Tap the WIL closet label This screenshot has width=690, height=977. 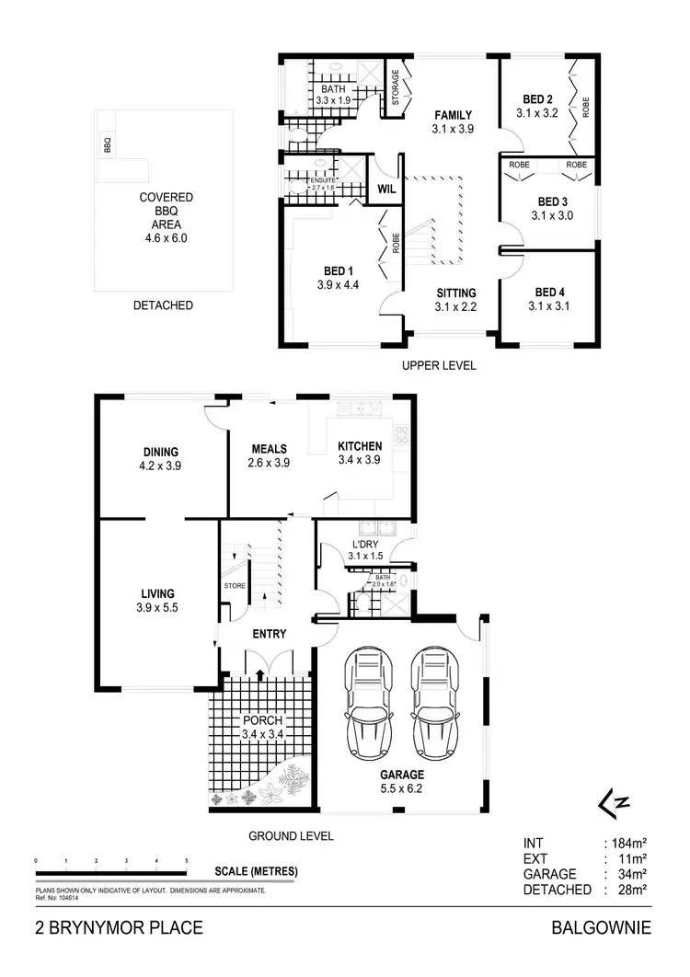tap(386, 189)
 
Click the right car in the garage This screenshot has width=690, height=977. tap(435, 702)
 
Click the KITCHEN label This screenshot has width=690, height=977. tap(360, 446)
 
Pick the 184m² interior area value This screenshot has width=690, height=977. tap(632, 842)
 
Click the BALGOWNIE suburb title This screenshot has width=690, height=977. tap(601, 928)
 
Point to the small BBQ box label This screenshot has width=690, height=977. tap(108, 145)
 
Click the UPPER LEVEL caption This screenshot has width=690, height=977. tap(439, 365)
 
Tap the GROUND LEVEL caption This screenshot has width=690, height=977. tap(291, 836)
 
